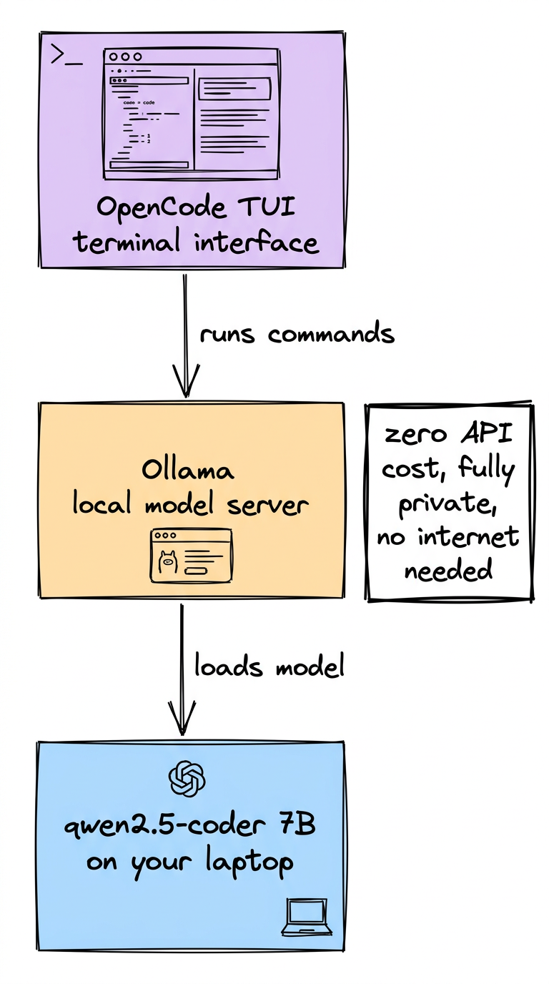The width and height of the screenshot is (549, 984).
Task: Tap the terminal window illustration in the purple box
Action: click(x=191, y=114)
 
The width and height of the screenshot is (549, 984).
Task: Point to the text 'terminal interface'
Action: click(x=196, y=242)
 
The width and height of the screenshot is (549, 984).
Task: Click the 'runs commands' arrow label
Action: click(x=297, y=334)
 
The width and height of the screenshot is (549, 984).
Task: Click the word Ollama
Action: click(x=188, y=471)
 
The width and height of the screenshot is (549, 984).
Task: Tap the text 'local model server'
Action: click(x=190, y=505)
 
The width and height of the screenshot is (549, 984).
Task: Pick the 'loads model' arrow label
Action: click(x=269, y=666)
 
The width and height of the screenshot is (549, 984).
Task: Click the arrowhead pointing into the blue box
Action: click(x=183, y=719)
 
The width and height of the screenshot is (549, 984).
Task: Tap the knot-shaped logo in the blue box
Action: click(x=187, y=779)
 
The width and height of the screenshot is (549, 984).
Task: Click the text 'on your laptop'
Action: click(x=190, y=862)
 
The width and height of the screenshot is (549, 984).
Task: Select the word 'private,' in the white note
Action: click(x=449, y=503)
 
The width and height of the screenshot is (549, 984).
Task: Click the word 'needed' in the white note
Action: click(x=448, y=571)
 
